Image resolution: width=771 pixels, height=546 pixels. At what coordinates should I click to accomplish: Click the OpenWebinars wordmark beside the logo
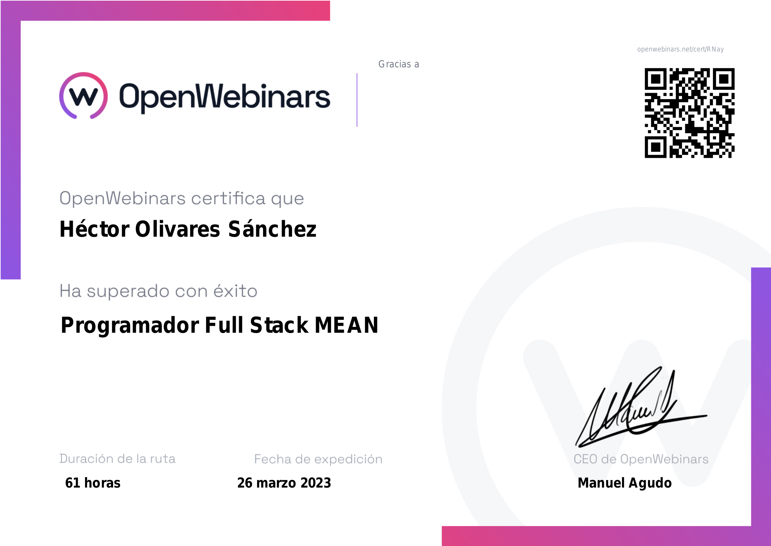(x=225, y=97)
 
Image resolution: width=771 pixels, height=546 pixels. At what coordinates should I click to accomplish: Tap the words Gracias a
(x=399, y=64)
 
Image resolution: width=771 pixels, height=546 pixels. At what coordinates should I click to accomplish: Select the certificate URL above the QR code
(x=680, y=49)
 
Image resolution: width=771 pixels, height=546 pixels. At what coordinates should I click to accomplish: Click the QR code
(x=689, y=113)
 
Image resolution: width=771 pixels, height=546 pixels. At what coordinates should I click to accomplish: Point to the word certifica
(x=228, y=198)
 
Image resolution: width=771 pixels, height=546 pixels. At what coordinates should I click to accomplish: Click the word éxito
(x=235, y=291)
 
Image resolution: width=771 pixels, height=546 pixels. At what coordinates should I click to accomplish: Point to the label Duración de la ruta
(x=118, y=459)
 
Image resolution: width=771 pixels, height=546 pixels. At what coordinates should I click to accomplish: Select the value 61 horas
(x=93, y=483)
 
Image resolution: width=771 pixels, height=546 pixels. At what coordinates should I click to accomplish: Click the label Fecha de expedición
(x=318, y=459)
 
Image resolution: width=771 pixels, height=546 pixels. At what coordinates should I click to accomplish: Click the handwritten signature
(x=641, y=407)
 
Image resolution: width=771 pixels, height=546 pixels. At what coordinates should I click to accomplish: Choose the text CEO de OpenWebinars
(x=641, y=459)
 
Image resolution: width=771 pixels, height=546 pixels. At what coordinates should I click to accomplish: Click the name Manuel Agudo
(x=625, y=483)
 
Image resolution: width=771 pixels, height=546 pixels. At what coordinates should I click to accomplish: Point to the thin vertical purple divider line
(x=357, y=100)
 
